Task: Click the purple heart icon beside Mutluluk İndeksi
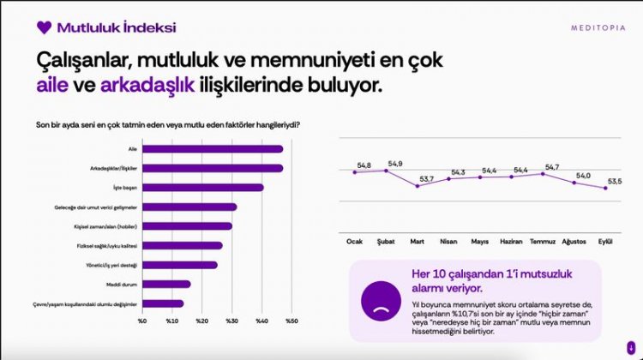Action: [x=45, y=27]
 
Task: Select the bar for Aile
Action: [x=213, y=149]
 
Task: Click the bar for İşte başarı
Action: [x=203, y=187]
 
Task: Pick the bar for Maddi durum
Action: [x=166, y=284]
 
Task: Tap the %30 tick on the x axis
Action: [x=232, y=321]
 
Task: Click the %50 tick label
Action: [x=291, y=321]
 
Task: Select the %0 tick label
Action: [x=142, y=321]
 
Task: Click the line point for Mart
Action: [x=417, y=186]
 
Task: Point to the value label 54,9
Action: [x=395, y=164]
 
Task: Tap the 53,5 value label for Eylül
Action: [x=615, y=181]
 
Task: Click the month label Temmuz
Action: [x=544, y=242]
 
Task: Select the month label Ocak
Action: [x=354, y=242]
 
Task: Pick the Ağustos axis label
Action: [x=574, y=242]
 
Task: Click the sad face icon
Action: [x=377, y=297]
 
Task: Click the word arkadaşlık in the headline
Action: [x=147, y=86]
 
